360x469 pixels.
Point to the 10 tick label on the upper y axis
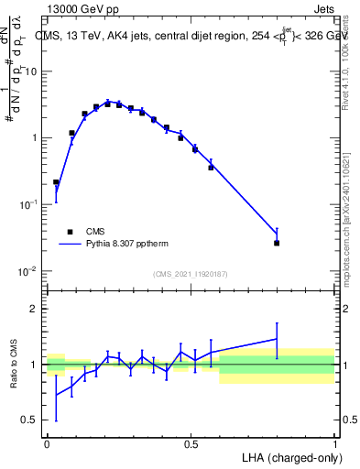(32, 71)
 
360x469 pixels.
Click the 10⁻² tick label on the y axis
(30, 271)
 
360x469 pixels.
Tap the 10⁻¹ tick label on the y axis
(30, 204)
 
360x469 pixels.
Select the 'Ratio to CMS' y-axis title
(15, 364)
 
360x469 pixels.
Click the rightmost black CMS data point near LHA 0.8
(277, 243)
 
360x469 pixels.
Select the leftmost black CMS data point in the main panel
(56, 182)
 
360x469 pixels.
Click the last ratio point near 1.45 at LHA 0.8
(277, 339)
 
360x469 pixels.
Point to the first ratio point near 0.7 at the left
(56, 395)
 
